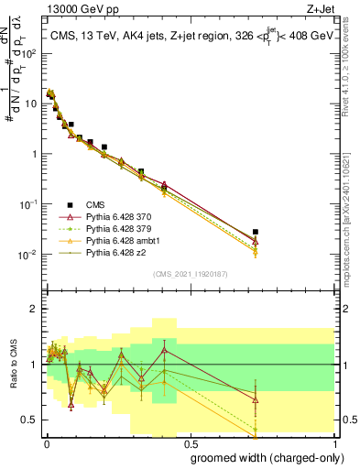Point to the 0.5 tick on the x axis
tap(190, 442)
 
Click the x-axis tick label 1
tap(334, 442)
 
